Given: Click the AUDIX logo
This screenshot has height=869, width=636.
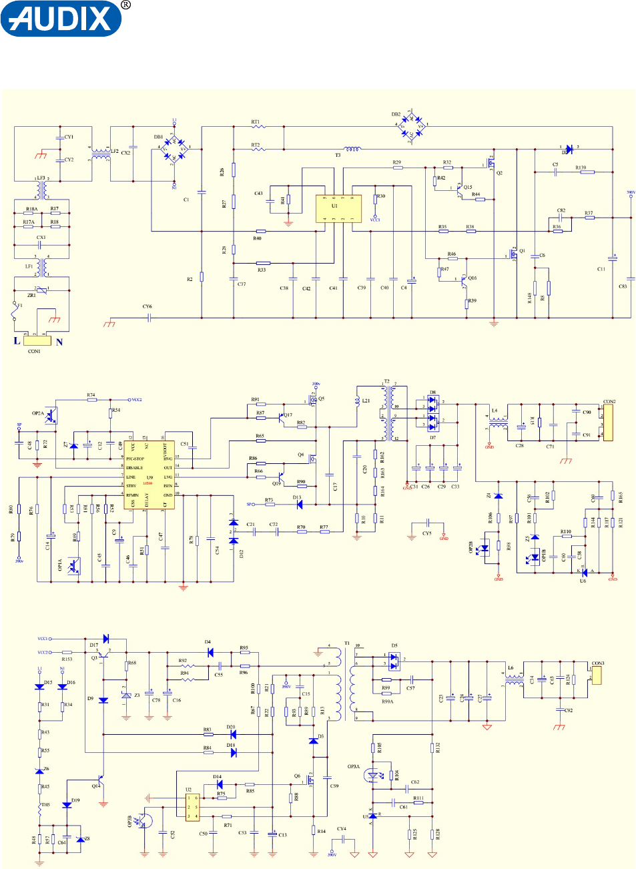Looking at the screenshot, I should coord(61,19).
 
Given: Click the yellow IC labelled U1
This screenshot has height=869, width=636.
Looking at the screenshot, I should coord(338,208).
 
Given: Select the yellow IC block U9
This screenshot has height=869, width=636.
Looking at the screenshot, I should coord(149,474).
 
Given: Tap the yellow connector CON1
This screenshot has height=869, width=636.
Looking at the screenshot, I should coord(37,340).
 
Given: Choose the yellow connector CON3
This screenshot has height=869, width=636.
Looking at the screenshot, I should coord(597,675).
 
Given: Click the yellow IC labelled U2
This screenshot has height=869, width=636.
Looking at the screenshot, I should coord(192,807).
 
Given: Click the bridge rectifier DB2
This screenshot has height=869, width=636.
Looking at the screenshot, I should coord(411,125).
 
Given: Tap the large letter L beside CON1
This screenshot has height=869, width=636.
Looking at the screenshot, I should coord(17,341).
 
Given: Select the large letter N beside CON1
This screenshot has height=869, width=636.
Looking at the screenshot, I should coord(59,342).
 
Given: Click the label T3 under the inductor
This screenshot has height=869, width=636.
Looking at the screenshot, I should coord(338,156).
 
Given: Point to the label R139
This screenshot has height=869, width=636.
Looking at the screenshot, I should coord(581,168).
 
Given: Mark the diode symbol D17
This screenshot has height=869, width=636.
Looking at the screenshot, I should coord(105,639).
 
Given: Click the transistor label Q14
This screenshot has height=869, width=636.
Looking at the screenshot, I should coord(95,786).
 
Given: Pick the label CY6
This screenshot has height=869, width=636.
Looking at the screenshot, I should coord(147,306).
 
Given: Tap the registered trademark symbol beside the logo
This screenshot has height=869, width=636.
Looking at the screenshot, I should coord(126,5).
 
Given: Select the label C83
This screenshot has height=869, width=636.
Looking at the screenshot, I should coord(623,286).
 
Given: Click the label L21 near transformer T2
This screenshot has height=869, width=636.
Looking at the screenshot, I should coord(366,401).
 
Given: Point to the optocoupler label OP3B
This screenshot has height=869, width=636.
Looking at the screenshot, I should coord(129,822).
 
